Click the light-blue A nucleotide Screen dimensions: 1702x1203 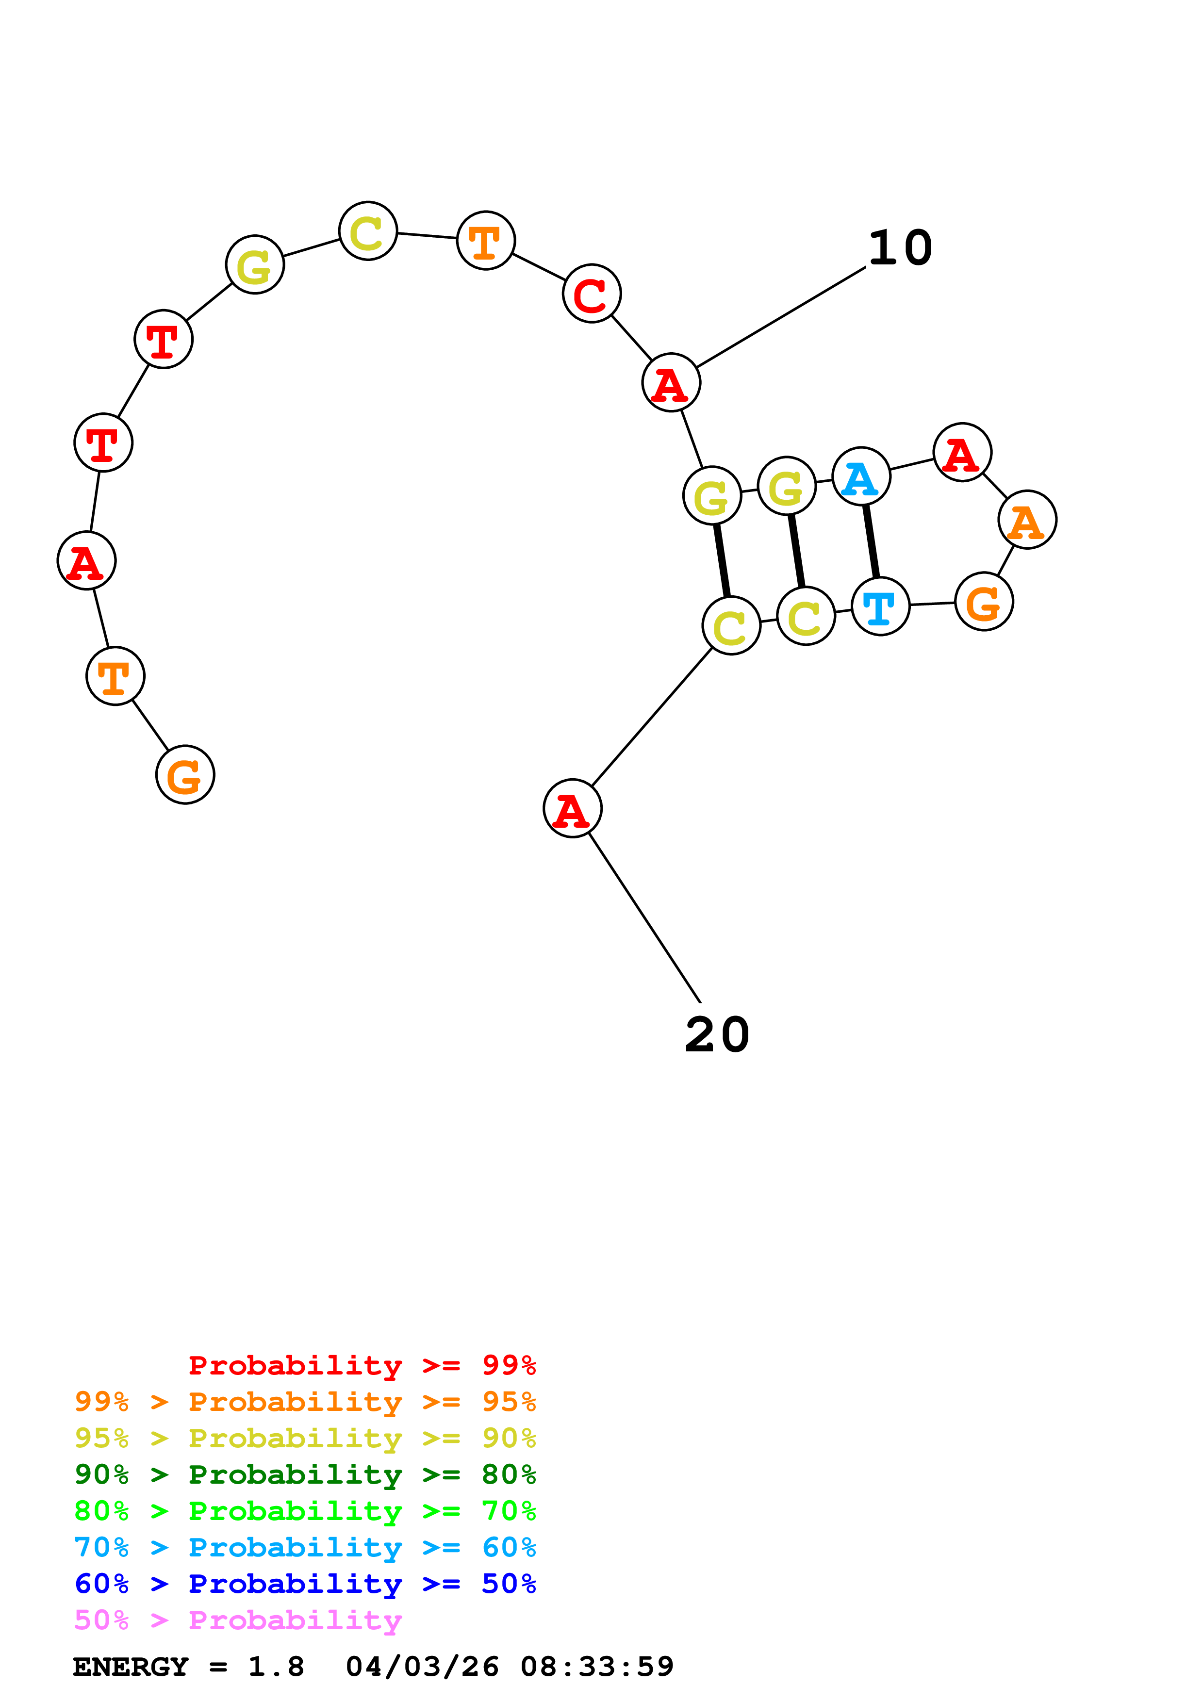pos(860,476)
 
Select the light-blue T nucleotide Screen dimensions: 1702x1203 pos(880,607)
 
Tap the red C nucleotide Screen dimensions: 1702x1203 pos(592,294)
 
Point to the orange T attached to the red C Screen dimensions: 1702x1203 pos(485,240)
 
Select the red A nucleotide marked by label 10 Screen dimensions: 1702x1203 pos(671,382)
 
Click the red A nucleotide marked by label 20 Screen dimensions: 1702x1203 pos(572,808)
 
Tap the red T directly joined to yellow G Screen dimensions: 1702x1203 pos(163,339)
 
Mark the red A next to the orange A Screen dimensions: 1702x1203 pos(962,452)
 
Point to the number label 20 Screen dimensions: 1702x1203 pos(717,1035)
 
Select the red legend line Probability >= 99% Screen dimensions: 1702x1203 pos(362,1365)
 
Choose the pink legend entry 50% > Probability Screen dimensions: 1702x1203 pos(238,1620)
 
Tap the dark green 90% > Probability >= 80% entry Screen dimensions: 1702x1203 pos(305,1474)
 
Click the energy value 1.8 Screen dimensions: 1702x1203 pos(276,1667)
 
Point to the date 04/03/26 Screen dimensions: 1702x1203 pos(422,1667)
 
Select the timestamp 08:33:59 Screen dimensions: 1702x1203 pos(597,1667)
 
